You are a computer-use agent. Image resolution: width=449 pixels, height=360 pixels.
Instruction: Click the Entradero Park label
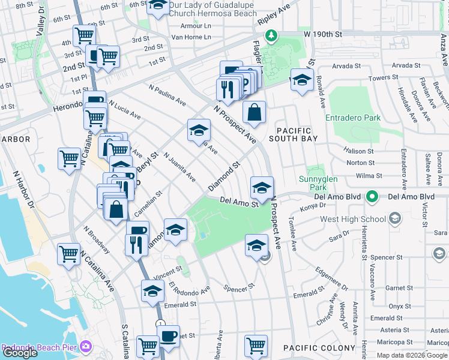tap(353, 118)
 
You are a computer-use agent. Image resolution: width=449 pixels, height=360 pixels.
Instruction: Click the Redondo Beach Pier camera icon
tap(86, 347)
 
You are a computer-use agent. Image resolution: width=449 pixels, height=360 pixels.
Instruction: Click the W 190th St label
tap(322, 35)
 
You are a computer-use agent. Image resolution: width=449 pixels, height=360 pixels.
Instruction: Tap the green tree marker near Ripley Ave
tap(272, 35)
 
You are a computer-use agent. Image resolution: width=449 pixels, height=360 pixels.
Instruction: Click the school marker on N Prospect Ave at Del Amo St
tap(262, 188)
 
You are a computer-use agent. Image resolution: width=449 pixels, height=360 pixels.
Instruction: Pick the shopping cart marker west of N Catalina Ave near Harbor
tap(70, 159)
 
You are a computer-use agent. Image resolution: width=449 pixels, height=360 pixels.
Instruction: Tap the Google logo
tap(19, 353)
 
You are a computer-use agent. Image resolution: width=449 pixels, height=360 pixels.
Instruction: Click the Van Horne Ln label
tap(191, 37)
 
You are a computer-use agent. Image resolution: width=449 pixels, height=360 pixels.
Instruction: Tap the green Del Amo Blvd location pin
tap(372, 197)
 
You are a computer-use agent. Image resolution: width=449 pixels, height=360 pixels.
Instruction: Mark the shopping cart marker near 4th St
tap(84, 35)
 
